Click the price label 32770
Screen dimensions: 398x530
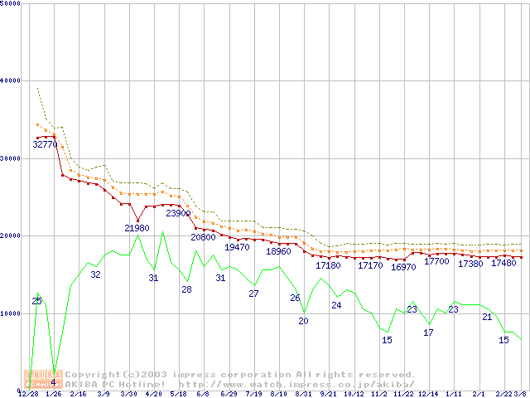45,144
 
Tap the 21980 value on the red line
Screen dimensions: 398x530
137,228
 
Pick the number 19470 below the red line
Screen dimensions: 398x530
237,247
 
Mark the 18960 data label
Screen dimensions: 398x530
279,251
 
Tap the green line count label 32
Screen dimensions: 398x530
95,274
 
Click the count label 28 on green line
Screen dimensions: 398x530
186,289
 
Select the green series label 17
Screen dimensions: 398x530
428,332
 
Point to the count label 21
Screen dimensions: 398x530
487,317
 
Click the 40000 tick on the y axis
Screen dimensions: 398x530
11,80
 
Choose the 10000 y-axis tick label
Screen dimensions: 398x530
11,313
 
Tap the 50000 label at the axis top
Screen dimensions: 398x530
11,3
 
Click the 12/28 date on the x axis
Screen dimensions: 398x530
27,394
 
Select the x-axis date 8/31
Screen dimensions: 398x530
303,394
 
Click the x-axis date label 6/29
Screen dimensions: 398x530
228,394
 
